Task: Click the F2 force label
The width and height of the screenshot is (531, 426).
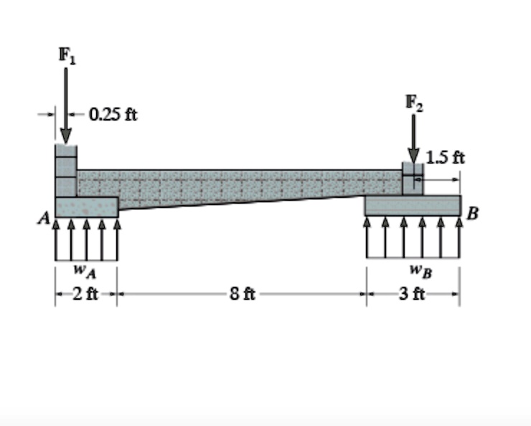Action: (413, 102)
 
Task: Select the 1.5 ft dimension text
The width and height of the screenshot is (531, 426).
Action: (445, 157)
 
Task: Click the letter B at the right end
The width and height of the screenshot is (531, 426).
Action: (472, 213)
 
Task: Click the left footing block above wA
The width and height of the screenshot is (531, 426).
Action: (87, 207)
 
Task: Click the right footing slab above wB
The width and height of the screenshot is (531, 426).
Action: (413, 205)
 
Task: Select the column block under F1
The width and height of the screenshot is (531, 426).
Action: (65, 171)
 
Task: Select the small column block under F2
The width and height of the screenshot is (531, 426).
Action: (413, 179)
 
